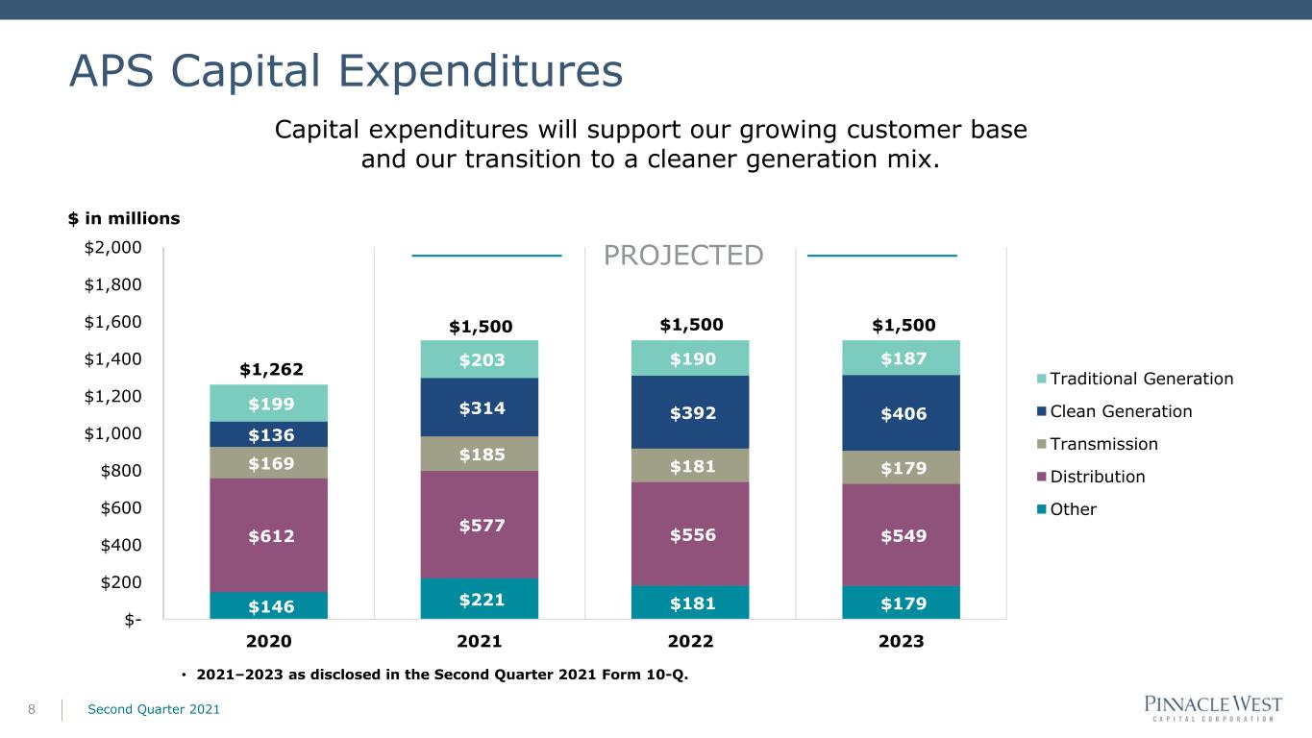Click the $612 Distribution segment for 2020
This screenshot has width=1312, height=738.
click(x=269, y=535)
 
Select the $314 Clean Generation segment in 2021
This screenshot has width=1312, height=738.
click(x=479, y=407)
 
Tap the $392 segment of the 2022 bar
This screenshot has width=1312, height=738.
click(x=690, y=412)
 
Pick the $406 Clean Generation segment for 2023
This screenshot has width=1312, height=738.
click(x=901, y=413)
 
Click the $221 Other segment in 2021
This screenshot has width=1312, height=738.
click(x=479, y=599)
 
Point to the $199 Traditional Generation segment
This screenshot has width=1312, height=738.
click(x=269, y=404)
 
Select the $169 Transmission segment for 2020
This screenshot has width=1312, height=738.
click(x=269, y=463)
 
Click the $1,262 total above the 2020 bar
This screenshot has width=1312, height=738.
click(x=272, y=370)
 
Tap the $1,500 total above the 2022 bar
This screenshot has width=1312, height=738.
click(x=692, y=325)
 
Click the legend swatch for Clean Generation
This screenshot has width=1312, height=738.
click(x=1041, y=411)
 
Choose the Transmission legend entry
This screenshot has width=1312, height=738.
click(x=1098, y=444)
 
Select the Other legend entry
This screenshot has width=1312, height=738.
click(x=1067, y=509)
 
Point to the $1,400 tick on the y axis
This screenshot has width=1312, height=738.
click(x=113, y=359)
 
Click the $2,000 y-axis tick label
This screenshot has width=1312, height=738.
click(x=113, y=247)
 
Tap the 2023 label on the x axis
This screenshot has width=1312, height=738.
click(x=901, y=641)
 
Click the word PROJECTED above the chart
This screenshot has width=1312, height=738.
click(x=683, y=256)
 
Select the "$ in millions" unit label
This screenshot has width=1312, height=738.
click(x=124, y=218)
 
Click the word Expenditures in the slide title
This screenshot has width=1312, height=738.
click(x=481, y=71)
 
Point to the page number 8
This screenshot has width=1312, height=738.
click(x=32, y=710)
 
